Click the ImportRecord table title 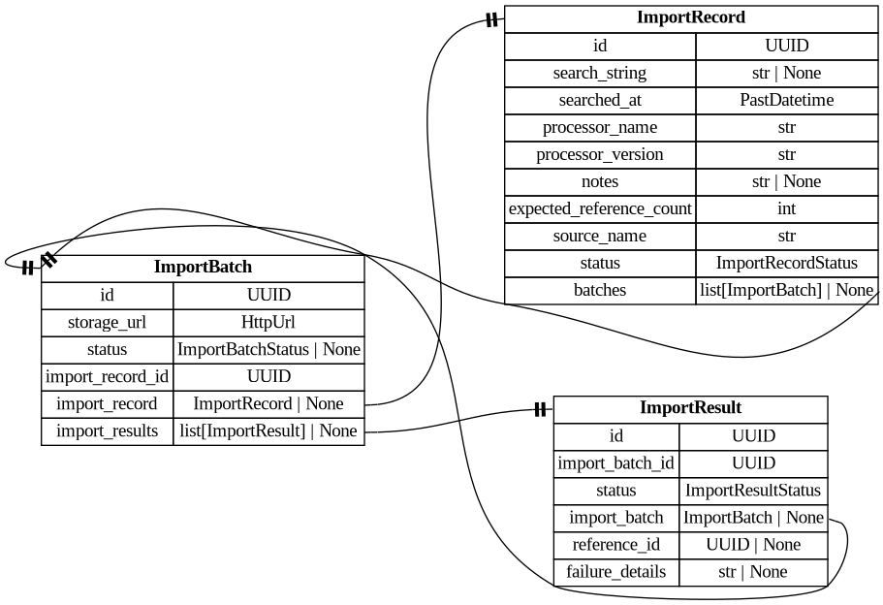point(690,17)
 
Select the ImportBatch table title point(203,267)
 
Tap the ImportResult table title point(690,408)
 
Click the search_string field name point(599,73)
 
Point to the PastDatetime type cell point(786,100)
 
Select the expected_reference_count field point(599,208)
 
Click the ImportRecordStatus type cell point(786,263)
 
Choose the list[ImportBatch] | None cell point(786,290)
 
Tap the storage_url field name point(107,322)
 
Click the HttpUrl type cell point(268,322)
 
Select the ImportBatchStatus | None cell point(268,349)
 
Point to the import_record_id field point(107,376)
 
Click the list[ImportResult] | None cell point(268,430)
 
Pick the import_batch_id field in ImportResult point(615,463)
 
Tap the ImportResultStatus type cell point(753,491)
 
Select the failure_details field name point(615,572)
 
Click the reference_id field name point(615,545)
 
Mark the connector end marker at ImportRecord point(491,19)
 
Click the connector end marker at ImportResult point(540,410)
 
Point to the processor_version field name point(599,154)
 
